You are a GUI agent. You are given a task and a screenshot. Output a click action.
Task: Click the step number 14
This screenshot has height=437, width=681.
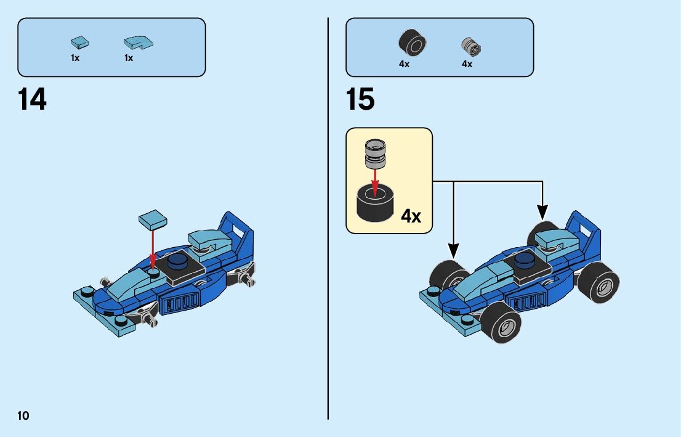pos(33,100)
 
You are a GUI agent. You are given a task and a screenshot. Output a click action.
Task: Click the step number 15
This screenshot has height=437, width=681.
pos(360,100)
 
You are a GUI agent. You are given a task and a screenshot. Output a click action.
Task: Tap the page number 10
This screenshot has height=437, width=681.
pos(23,415)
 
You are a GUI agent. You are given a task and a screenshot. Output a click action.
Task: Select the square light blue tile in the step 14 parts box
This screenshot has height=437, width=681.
pos(79,43)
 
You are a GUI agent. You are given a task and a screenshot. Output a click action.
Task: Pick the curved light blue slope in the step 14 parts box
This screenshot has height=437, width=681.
pos(138,43)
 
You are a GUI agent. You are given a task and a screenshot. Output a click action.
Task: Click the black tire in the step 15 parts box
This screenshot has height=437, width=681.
pos(412,42)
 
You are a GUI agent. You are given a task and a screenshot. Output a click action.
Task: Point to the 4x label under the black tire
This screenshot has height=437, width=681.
pos(404,64)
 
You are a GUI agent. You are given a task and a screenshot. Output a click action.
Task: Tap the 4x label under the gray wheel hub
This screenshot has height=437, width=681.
pos(467,64)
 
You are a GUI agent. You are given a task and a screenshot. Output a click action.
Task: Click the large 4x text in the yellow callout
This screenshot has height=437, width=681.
pos(411,216)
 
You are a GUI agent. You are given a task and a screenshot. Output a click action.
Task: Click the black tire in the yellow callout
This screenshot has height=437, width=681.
pos(375,204)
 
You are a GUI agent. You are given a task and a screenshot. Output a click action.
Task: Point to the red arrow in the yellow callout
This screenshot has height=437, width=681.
pos(374,179)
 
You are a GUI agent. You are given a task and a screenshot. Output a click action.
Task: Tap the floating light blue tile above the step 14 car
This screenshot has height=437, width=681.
pos(153,220)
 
